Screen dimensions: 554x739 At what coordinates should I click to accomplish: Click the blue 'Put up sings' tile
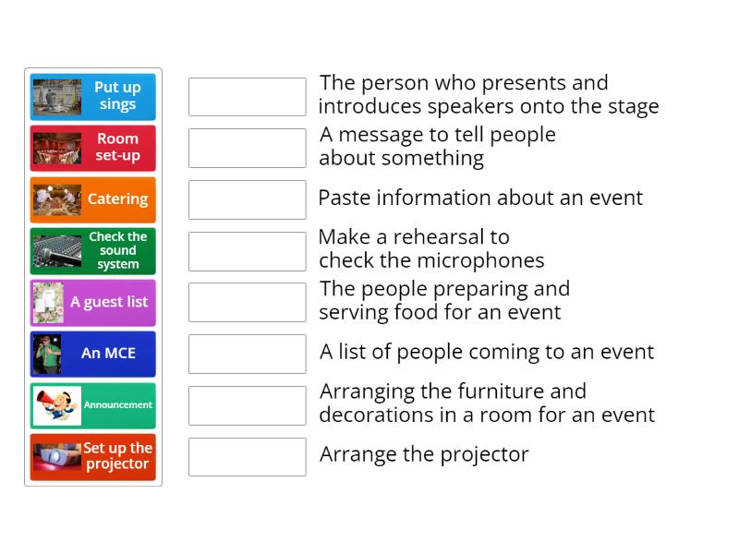(x=93, y=96)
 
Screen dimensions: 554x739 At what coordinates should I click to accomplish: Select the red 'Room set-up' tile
(x=93, y=148)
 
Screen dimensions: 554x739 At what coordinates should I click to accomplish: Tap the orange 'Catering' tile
(x=93, y=199)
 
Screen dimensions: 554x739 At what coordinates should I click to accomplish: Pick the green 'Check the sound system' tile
(x=93, y=251)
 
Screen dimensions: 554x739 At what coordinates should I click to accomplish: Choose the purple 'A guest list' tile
(x=93, y=303)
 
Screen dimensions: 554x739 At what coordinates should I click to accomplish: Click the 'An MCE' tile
(x=93, y=354)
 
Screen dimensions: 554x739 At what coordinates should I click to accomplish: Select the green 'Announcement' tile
(x=93, y=405)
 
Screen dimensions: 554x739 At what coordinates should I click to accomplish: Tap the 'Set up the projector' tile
(x=93, y=457)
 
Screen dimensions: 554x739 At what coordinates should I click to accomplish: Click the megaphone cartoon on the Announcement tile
(x=56, y=405)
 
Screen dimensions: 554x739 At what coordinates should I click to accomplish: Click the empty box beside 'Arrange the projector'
(x=247, y=456)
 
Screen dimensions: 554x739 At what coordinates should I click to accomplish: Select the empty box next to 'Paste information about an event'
(x=247, y=199)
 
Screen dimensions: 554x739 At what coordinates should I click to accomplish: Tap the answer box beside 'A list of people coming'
(x=247, y=354)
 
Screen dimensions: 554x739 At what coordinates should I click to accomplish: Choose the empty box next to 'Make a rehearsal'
(x=247, y=251)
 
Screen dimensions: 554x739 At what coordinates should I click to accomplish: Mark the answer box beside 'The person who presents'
(x=247, y=97)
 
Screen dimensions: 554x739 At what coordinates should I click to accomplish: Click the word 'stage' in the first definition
(x=631, y=107)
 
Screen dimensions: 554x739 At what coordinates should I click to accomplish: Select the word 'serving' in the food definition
(x=357, y=312)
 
